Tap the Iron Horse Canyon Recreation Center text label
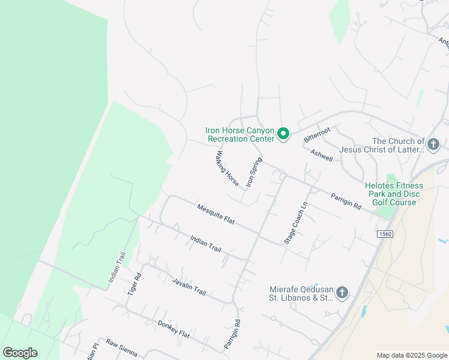[240, 134]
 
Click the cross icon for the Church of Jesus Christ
[433, 144]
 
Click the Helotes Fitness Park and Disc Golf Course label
[394, 194]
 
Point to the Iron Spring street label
[255, 172]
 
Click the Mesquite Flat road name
[215, 214]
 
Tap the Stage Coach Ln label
[296, 221]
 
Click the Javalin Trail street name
[189, 287]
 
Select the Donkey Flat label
[173, 329]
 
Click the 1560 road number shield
[384, 233]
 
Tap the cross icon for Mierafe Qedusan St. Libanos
[342, 293]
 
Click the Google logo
[20, 353]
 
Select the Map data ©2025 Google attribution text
[411, 355]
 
